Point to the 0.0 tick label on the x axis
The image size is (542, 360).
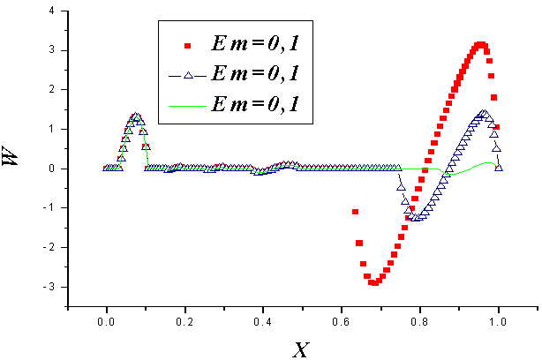tap(107, 322)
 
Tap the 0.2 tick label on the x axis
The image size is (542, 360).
tap(185, 322)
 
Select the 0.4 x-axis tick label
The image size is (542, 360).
tap(263, 322)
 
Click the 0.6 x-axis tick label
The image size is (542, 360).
tap(342, 322)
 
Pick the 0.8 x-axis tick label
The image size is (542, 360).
tap(420, 322)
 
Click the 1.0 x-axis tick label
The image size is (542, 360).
tap(499, 322)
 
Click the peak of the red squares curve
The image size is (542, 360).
tap(480, 44)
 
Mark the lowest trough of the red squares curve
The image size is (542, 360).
tap(374, 282)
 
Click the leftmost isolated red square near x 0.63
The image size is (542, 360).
tap(356, 212)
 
